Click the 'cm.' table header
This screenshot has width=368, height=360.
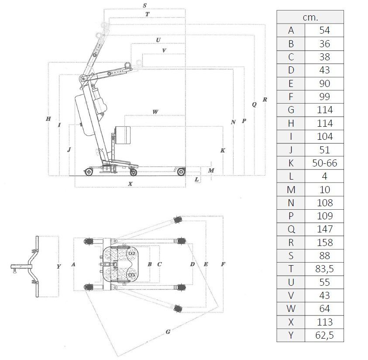pos(310,17)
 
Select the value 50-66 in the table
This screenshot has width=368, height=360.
pos(325,163)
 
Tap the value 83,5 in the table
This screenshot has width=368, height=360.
pos(325,269)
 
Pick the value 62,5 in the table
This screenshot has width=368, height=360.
pos(325,335)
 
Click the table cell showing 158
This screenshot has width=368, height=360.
pos(325,242)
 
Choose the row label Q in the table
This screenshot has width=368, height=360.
pos(291,229)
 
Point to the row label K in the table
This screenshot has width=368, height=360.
pos(291,163)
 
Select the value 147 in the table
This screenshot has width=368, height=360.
pos(325,229)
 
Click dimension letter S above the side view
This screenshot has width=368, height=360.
pos(144,5)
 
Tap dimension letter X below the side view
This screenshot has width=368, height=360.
pos(130,184)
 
